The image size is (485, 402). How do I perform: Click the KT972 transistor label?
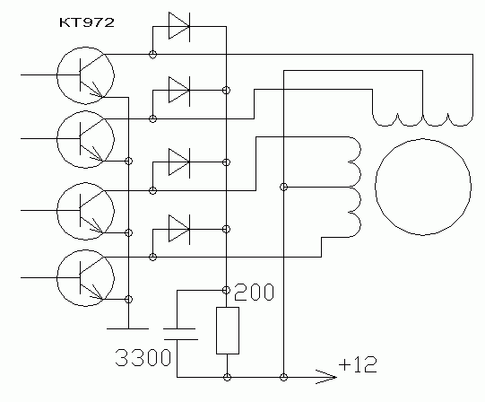click(87, 22)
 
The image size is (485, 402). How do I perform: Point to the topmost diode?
click(179, 26)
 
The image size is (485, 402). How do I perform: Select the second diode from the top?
click(179, 90)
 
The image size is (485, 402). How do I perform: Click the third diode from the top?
click(179, 162)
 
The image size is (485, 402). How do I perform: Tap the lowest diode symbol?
click(179, 229)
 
